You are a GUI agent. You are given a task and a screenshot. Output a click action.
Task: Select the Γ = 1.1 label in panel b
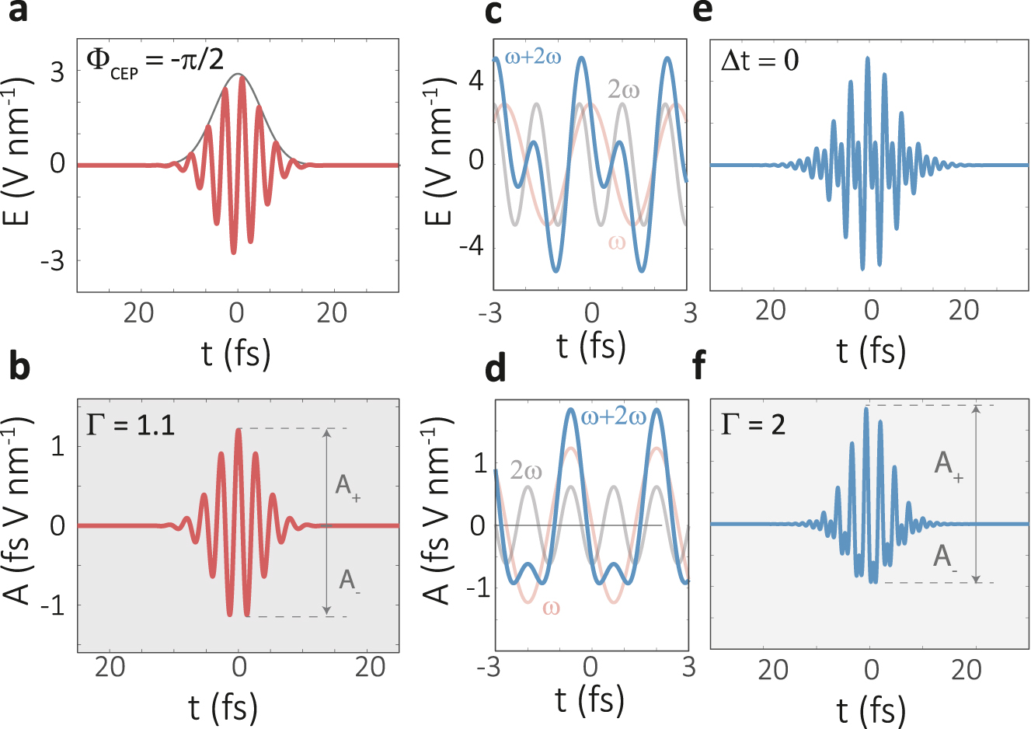pos(131,424)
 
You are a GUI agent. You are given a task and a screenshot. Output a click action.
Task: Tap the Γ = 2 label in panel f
pos(753,424)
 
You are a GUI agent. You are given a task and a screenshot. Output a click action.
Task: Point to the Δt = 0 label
pos(759,61)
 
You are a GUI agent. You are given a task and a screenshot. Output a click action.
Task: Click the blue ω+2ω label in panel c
pos(533,57)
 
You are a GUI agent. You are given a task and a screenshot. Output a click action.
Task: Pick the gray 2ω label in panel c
pos(623,90)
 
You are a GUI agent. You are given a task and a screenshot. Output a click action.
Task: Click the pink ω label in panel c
pos(616,242)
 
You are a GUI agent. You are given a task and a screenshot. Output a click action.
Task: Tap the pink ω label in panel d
pos(551,607)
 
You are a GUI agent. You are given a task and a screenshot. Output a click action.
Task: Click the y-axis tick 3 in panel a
pos(57,72)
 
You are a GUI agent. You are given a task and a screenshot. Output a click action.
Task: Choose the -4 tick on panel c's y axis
pos(472,246)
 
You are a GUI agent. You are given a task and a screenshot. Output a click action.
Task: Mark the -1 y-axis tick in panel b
pos(53,605)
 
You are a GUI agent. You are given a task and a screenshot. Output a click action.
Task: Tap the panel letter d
pos(495,369)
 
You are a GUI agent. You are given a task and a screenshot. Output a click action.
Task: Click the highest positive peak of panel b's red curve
pos(239,430)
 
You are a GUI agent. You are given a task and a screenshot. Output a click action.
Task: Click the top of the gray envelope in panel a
pos(239,75)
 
